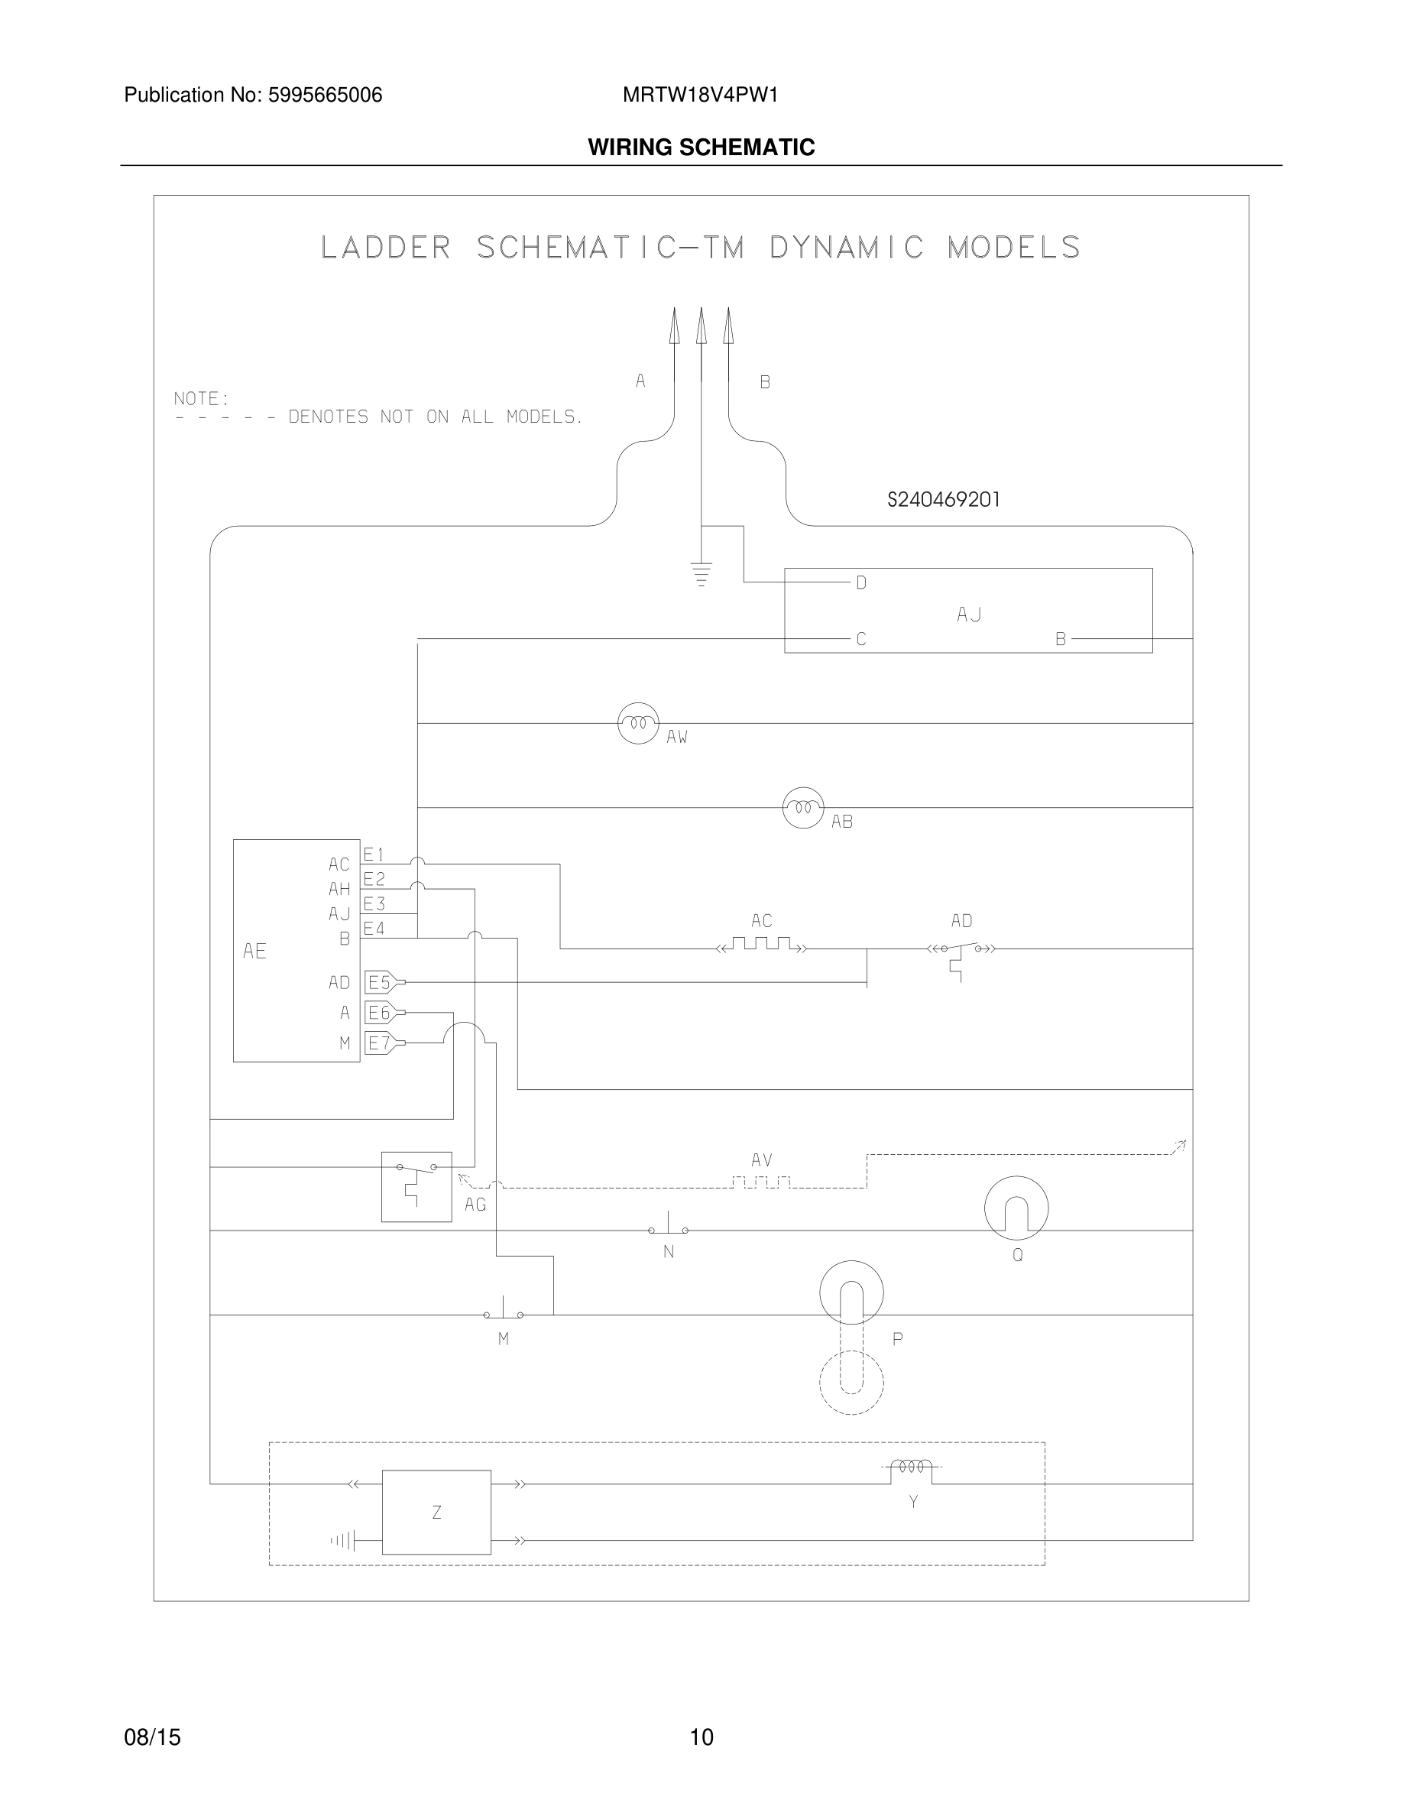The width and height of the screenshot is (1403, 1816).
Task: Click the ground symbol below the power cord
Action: point(701,574)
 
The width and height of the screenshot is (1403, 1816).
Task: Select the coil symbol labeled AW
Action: point(638,723)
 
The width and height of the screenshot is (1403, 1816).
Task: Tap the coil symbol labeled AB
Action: point(803,807)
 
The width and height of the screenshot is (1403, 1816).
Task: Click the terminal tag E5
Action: point(381,982)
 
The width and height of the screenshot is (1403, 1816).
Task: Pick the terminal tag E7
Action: point(381,1043)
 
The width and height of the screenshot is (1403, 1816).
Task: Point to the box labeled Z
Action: point(436,1512)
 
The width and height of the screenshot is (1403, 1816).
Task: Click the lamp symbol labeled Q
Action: point(1016,1208)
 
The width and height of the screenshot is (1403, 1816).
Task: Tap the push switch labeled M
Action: point(503,1313)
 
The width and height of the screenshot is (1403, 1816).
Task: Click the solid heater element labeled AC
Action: point(761,945)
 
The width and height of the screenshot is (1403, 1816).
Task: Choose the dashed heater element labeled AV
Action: point(761,1182)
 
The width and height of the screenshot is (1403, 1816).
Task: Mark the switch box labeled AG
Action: point(416,1186)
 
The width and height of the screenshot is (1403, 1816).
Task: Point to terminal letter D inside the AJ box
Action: point(861,583)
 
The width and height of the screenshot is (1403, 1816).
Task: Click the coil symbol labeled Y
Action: point(912,1467)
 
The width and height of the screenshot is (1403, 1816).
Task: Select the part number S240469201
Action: point(944,500)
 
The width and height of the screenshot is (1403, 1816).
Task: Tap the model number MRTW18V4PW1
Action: point(700,95)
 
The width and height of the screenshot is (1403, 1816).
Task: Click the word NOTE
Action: point(200,398)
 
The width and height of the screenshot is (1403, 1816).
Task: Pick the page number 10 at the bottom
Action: point(701,1737)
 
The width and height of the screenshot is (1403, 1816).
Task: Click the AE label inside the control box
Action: point(254,950)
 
